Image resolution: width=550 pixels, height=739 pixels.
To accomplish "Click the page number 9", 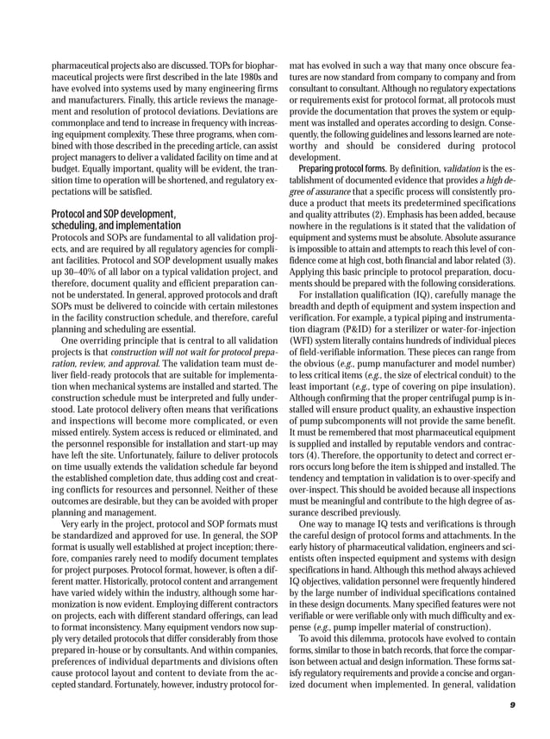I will (512, 705).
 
